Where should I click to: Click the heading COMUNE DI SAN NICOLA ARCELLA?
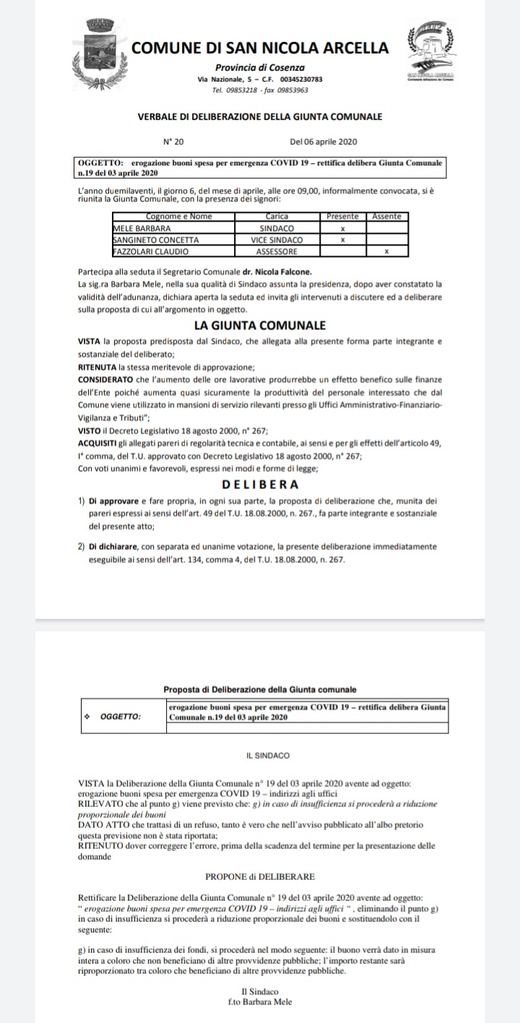260,48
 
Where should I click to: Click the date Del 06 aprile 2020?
324,142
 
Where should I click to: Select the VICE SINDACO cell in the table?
277,239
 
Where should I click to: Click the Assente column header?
386,217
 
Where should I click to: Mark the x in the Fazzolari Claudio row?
386,251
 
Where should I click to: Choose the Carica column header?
277,217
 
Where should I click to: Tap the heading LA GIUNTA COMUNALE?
260,326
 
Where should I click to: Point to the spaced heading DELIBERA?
260,484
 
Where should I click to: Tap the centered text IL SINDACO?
267,756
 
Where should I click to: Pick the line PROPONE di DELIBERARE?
260,876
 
